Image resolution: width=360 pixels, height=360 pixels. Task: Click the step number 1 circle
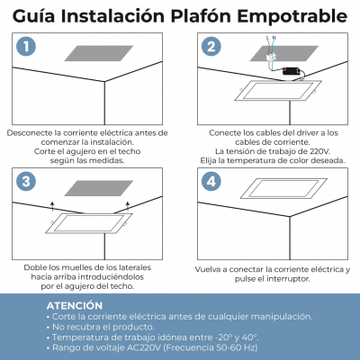point(26,47)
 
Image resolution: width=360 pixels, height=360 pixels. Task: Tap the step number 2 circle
point(211,47)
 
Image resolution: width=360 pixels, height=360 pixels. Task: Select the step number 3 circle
point(26,181)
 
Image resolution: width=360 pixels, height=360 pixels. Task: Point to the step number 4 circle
point(211,181)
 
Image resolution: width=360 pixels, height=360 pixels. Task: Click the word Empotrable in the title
point(292,16)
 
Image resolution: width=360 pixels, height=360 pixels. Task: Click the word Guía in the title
point(33,16)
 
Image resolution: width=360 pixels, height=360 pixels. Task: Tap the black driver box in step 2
point(292,71)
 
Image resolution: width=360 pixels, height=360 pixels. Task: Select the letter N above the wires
point(274,38)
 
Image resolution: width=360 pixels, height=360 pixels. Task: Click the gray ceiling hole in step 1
point(99,53)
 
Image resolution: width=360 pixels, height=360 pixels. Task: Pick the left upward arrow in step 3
point(52,206)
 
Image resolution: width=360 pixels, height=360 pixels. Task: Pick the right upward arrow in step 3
point(128,206)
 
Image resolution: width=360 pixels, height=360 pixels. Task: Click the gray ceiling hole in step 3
point(99,188)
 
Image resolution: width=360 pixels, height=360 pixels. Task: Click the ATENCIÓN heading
point(75,306)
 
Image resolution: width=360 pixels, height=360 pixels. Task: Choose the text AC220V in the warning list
point(144,347)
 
